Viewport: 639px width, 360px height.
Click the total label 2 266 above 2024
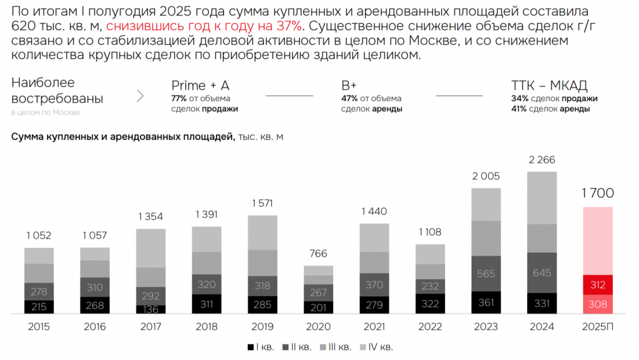click(x=542, y=160)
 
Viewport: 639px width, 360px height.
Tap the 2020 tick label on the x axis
click(x=318, y=327)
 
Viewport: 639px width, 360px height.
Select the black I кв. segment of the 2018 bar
click(x=207, y=304)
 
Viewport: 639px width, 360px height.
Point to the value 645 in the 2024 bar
click(x=542, y=272)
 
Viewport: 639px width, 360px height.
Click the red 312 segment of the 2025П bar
click(x=597, y=285)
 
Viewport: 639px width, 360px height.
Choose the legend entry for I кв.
click(x=260, y=347)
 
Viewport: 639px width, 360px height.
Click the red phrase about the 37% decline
click(x=205, y=26)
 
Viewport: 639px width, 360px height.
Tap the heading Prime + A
click(x=200, y=85)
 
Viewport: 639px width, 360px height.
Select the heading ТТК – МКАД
click(x=549, y=85)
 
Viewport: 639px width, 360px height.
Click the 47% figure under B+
click(x=349, y=99)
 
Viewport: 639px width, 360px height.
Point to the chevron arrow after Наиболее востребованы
click(x=140, y=96)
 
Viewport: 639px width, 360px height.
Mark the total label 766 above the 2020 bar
click(x=318, y=254)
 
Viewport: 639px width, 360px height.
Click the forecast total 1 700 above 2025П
click(x=597, y=193)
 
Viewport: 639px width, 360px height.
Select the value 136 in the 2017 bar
click(x=151, y=308)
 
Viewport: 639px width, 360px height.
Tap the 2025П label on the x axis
click(x=597, y=327)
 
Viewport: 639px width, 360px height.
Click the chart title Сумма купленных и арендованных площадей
click(x=122, y=137)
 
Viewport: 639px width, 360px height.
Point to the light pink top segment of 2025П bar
click(x=597, y=240)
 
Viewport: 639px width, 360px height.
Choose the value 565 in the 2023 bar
click(x=485, y=273)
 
